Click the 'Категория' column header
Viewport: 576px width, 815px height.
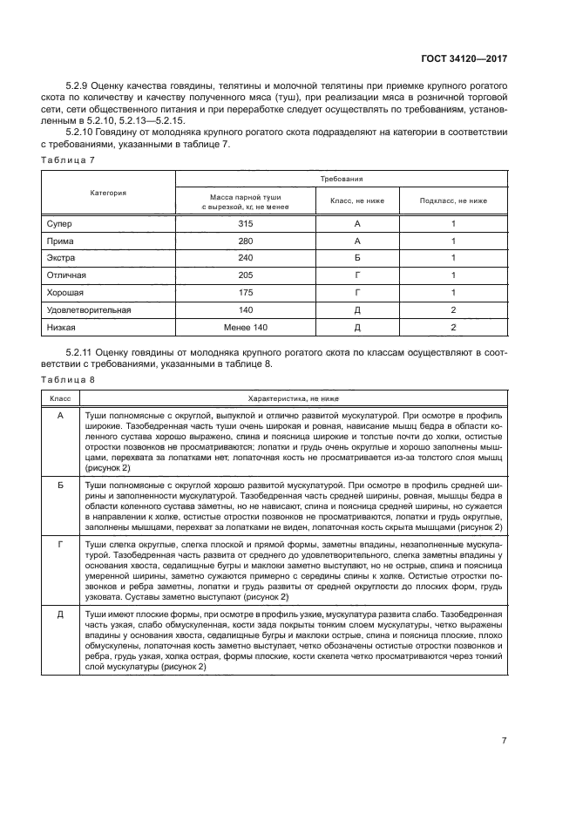pos(108,192)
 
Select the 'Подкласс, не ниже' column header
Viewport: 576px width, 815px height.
pos(453,201)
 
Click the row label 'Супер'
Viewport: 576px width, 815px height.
pos(59,223)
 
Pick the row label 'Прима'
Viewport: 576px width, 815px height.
pos(61,241)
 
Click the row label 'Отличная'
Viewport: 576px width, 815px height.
pos(67,275)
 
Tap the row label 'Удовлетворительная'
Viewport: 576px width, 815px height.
pos(88,309)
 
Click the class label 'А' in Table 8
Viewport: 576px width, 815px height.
pos(60,416)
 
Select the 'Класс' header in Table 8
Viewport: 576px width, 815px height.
pos(60,397)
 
